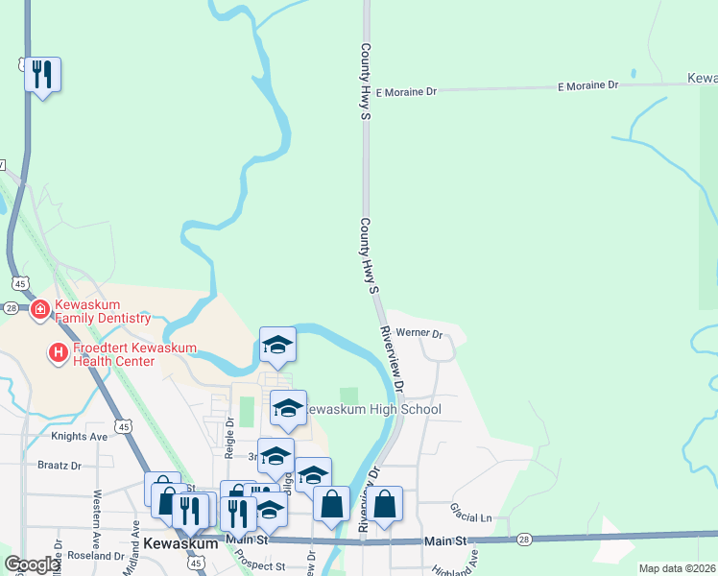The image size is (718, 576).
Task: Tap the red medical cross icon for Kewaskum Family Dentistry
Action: click(40, 309)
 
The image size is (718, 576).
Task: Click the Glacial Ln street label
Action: click(470, 517)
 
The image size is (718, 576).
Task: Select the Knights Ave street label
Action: click(80, 436)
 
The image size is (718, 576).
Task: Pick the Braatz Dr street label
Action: click(60, 466)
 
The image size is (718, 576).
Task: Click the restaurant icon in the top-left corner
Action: click(42, 74)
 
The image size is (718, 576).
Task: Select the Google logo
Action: click(32, 564)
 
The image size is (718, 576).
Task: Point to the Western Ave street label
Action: click(97, 513)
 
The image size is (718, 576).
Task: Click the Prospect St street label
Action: click(260, 563)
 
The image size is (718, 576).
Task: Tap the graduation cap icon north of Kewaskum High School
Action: click(278, 344)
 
